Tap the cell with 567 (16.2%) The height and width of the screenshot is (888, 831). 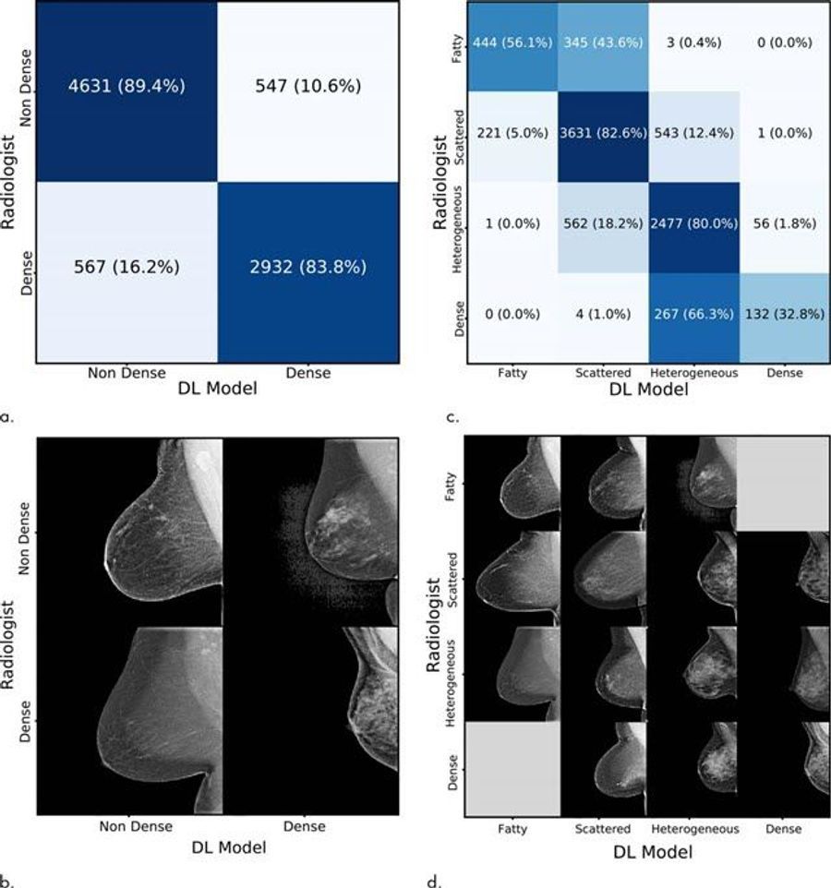click(x=126, y=269)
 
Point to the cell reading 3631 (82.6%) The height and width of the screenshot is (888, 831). click(x=601, y=133)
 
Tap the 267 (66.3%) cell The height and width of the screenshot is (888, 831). click(x=692, y=314)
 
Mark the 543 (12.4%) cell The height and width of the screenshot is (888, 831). click(x=692, y=133)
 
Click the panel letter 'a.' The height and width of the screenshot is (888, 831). click(x=7, y=417)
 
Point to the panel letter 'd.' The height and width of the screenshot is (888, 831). click(x=452, y=881)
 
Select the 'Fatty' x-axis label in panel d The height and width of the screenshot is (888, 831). click(x=512, y=829)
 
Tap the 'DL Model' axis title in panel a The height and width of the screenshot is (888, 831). click(x=219, y=390)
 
